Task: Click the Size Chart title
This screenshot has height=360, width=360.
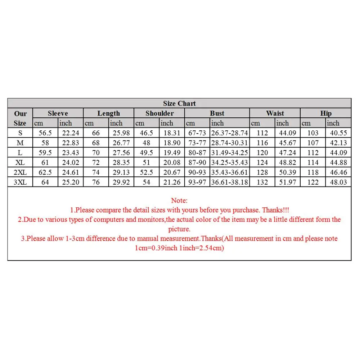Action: (179, 104)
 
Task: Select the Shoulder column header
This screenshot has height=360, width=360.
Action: (159, 113)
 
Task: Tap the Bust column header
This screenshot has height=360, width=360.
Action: (217, 113)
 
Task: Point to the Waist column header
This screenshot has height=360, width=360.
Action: (275, 113)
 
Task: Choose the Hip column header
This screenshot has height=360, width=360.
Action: (326, 113)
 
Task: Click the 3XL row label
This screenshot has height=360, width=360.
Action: (20, 182)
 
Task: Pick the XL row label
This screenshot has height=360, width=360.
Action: (20, 163)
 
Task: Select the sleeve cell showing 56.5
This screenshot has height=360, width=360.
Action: (45, 133)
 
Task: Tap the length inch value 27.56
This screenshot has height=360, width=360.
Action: (121, 153)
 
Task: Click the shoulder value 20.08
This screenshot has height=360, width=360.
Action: (172, 163)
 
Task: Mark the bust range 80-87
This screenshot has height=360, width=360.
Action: (197, 153)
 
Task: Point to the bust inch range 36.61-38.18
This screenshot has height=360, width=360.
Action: (230, 182)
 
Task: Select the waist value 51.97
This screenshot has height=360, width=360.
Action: (287, 182)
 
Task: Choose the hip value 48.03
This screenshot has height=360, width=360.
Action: (338, 182)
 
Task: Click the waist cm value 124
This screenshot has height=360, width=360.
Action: (262, 163)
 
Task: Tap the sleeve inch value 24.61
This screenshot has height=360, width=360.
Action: (71, 172)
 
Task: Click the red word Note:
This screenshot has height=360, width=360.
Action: (179, 201)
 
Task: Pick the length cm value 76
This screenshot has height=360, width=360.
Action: (96, 182)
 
